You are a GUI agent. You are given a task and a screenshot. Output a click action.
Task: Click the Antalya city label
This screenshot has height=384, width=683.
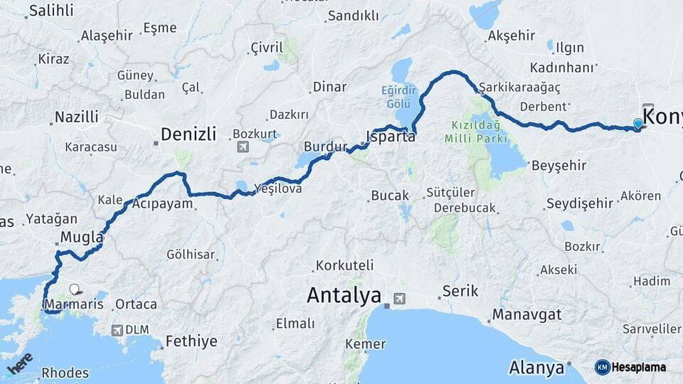344,295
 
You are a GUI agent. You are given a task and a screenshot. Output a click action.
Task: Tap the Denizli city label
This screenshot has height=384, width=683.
188,134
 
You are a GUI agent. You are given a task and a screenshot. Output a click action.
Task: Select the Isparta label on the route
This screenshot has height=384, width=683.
391,137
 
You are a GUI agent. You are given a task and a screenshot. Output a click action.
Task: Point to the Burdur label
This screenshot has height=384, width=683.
325,147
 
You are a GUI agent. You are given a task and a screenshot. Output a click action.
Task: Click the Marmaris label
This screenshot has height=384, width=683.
73,304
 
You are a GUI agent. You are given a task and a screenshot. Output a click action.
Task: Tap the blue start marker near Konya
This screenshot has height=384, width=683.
637,123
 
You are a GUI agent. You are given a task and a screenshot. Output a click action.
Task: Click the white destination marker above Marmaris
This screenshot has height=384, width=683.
75,289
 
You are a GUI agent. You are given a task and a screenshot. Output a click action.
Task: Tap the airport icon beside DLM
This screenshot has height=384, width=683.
117,330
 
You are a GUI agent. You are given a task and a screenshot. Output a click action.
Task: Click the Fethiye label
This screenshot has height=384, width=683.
191,341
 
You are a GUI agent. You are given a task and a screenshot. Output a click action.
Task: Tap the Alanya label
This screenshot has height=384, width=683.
536,368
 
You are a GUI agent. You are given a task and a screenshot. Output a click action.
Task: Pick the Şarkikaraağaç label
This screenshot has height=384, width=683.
519,87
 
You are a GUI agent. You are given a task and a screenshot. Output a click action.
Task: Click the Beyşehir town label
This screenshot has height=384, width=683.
558,165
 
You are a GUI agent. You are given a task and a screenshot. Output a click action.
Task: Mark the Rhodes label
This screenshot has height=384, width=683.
65,373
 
